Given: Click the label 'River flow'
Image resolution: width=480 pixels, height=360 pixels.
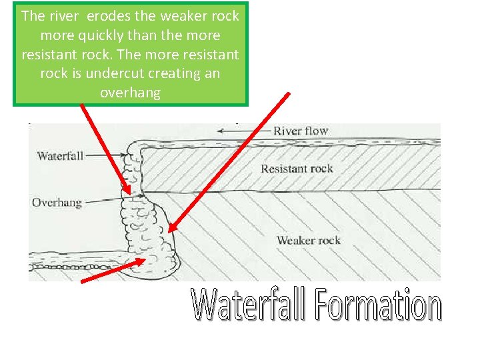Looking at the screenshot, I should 301,131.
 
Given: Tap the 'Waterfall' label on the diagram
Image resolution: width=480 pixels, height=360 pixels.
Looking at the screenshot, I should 60,156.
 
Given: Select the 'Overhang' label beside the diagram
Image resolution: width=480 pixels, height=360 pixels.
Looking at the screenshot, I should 57,202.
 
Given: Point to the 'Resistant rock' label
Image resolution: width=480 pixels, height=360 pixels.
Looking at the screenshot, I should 297,169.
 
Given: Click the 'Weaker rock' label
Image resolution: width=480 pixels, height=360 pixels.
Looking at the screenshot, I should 308,240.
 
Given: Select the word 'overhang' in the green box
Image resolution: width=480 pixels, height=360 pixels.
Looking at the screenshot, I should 130,93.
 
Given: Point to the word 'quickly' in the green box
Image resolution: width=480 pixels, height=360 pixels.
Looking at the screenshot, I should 99,35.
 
